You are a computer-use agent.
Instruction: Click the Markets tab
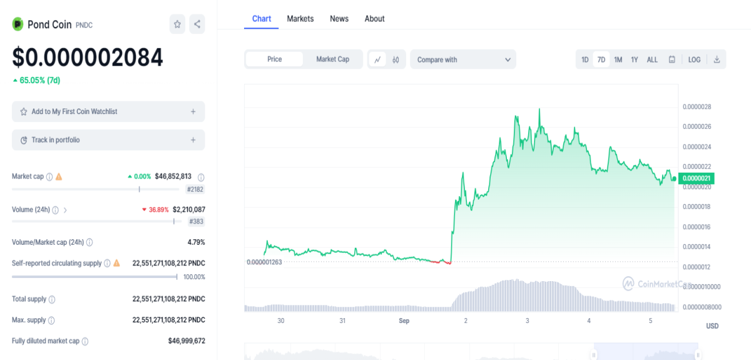(300, 19)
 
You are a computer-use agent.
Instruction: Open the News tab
(339, 19)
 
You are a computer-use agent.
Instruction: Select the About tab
(374, 19)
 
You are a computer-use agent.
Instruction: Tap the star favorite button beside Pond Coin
(177, 24)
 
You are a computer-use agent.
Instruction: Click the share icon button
(197, 24)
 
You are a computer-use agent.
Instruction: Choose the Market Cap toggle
(332, 59)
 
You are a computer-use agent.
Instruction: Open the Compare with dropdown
(463, 59)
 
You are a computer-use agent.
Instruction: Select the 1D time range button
(585, 59)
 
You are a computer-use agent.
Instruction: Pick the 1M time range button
(618, 59)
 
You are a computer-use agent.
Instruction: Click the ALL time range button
(652, 59)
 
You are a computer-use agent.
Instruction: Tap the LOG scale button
(694, 59)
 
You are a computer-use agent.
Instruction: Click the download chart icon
(717, 59)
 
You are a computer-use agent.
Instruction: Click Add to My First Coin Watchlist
(108, 111)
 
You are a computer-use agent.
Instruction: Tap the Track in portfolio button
(108, 140)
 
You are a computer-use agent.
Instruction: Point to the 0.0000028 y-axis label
(697, 106)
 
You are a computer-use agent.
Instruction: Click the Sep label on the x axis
(404, 321)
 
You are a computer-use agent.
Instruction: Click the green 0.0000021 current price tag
(696, 178)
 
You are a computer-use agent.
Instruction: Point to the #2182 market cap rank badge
(195, 189)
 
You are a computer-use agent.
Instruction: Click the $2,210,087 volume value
(189, 210)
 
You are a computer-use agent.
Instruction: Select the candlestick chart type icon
(396, 59)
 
